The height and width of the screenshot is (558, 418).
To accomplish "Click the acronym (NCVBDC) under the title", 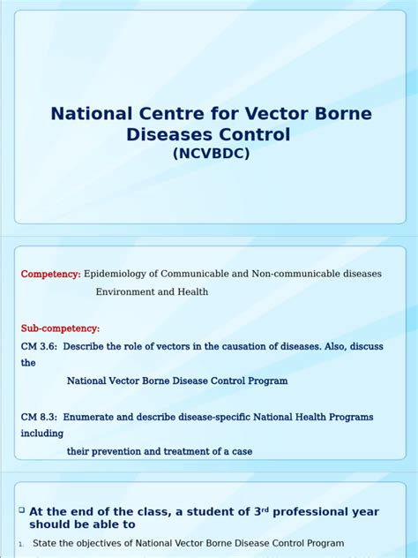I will (211, 154).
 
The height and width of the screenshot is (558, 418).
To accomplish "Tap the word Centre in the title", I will (155, 115).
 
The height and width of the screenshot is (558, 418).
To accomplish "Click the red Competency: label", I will (50, 275).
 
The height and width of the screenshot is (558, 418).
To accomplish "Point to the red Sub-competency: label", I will (60, 328).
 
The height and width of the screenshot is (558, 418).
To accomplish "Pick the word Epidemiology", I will (118, 275).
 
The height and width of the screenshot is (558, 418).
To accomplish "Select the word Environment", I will (128, 291).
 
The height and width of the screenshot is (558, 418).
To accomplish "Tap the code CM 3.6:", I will (39, 346).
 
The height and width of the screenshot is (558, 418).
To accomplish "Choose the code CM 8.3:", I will (39, 417).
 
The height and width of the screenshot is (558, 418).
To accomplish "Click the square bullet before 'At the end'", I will (22, 510).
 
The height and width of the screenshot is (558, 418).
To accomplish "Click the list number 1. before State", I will (21, 544).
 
